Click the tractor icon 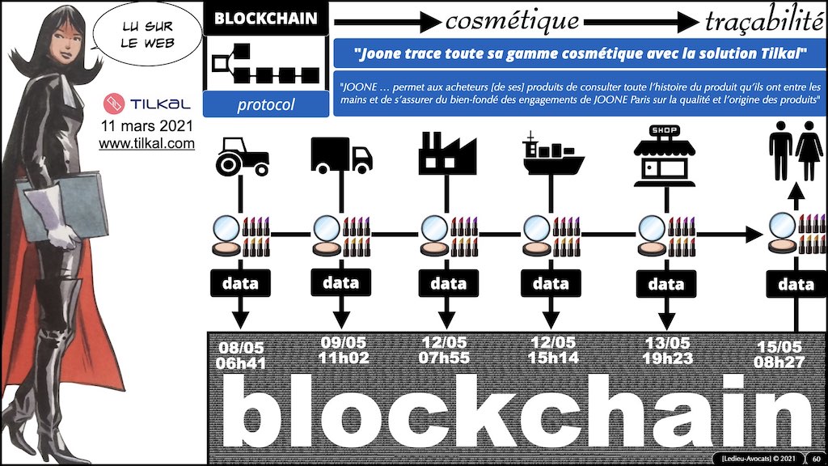point(240,159)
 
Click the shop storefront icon point(662,154)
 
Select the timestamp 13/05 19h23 point(665,349)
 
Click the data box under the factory point(448,283)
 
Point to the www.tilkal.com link point(146,144)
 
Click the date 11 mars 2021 point(147,126)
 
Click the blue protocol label point(265,104)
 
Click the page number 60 point(816,459)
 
